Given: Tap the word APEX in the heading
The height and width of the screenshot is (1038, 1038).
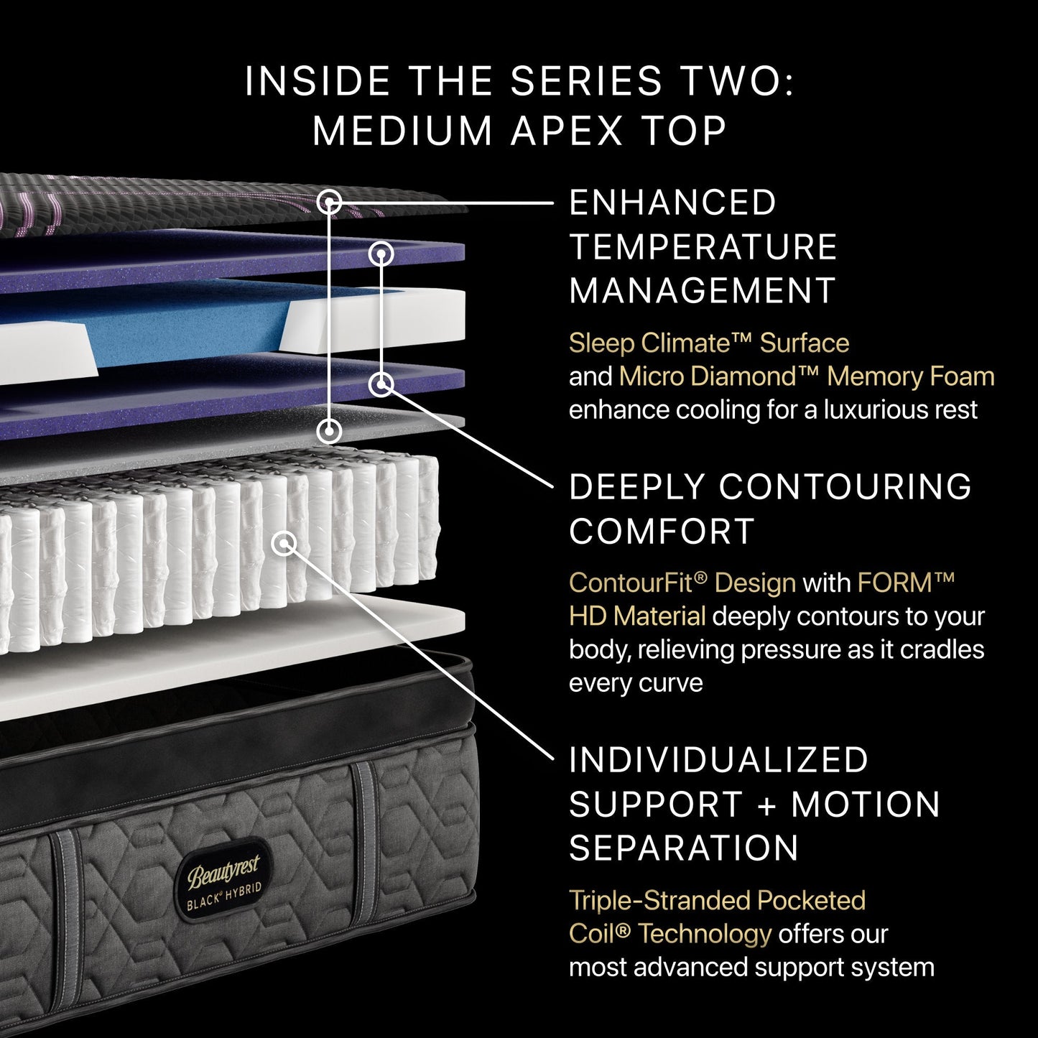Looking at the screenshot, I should [x=567, y=131].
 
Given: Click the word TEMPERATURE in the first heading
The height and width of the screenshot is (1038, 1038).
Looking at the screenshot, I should [x=703, y=247].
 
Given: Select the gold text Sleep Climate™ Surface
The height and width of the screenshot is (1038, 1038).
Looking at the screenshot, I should [x=709, y=343].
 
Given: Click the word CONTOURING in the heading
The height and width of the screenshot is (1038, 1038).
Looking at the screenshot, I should [x=845, y=487].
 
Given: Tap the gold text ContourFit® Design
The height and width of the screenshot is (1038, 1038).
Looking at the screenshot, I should [x=682, y=583].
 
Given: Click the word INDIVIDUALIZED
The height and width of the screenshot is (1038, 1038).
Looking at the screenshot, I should [x=719, y=760].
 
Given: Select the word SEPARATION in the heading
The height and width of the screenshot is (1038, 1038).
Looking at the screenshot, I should [x=683, y=848].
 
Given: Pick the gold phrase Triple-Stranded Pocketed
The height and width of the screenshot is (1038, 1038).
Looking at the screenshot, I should [x=717, y=901].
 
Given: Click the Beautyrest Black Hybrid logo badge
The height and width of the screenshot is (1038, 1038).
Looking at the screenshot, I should [x=224, y=879].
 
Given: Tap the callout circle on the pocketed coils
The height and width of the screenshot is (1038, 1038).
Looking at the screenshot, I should [x=285, y=543].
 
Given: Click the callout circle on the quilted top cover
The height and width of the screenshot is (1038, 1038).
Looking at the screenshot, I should [x=329, y=202].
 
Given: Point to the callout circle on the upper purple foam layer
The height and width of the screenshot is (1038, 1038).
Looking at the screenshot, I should [x=381, y=253].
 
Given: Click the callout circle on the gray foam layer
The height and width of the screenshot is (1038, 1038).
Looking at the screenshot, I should [x=329, y=431].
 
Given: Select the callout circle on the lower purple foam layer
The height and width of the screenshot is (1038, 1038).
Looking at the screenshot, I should [x=381, y=384].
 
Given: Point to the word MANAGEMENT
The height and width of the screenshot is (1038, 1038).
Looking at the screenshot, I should [x=702, y=291].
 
